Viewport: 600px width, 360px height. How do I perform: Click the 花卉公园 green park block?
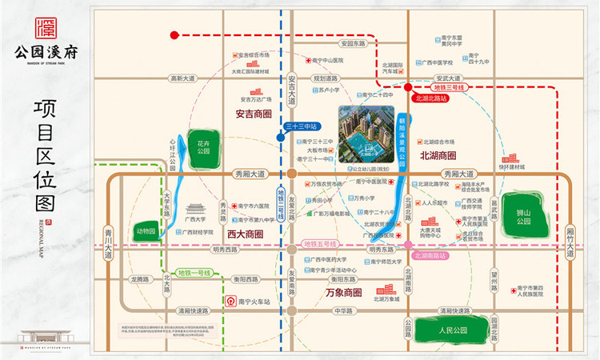click(202, 147)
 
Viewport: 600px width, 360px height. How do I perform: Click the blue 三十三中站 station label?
click(302, 126)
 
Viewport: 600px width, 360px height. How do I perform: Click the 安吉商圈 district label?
click(254, 114)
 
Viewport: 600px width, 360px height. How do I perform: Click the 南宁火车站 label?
click(254, 302)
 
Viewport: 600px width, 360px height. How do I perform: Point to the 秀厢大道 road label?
click(249, 174)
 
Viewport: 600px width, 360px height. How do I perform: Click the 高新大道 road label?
click(182, 78)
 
